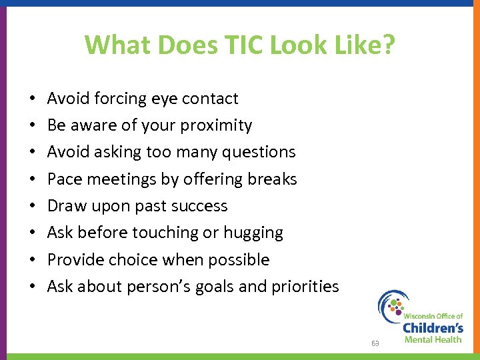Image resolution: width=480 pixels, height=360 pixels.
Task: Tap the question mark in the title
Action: [x=388, y=45]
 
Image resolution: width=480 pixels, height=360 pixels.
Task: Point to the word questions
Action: [x=257, y=152]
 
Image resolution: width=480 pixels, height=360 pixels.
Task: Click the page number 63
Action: [x=375, y=343]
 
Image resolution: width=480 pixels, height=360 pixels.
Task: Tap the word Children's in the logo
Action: [x=433, y=327]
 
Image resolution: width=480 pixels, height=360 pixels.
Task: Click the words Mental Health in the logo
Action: [x=433, y=339]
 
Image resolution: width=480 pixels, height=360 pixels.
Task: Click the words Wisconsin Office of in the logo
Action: [x=433, y=314]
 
